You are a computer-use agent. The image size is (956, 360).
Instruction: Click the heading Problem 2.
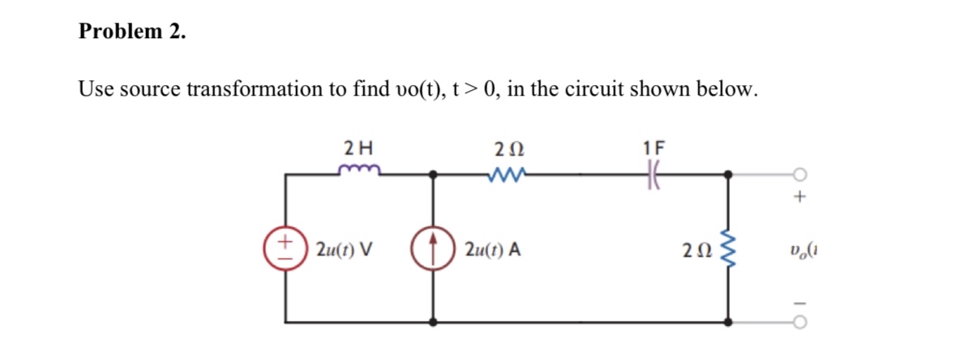click(132, 32)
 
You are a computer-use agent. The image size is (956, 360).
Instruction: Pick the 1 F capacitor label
click(652, 148)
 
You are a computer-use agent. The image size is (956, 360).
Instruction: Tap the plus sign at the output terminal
click(802, 197)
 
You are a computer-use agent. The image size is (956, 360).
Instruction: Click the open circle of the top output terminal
click(802, 173)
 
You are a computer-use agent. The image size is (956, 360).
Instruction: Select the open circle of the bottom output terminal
click(802, 322)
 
